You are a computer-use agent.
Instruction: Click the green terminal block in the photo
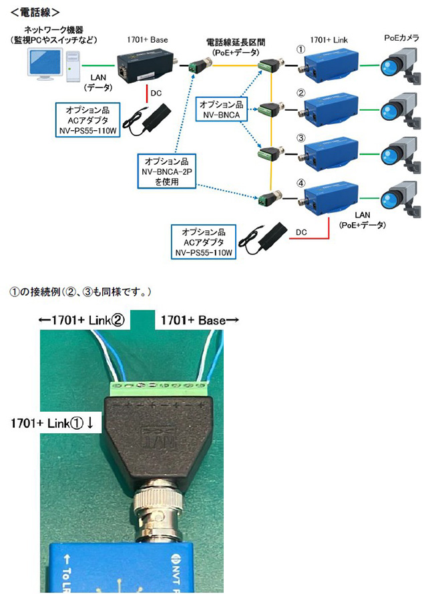162,386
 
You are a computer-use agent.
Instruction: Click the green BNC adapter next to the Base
199,67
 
